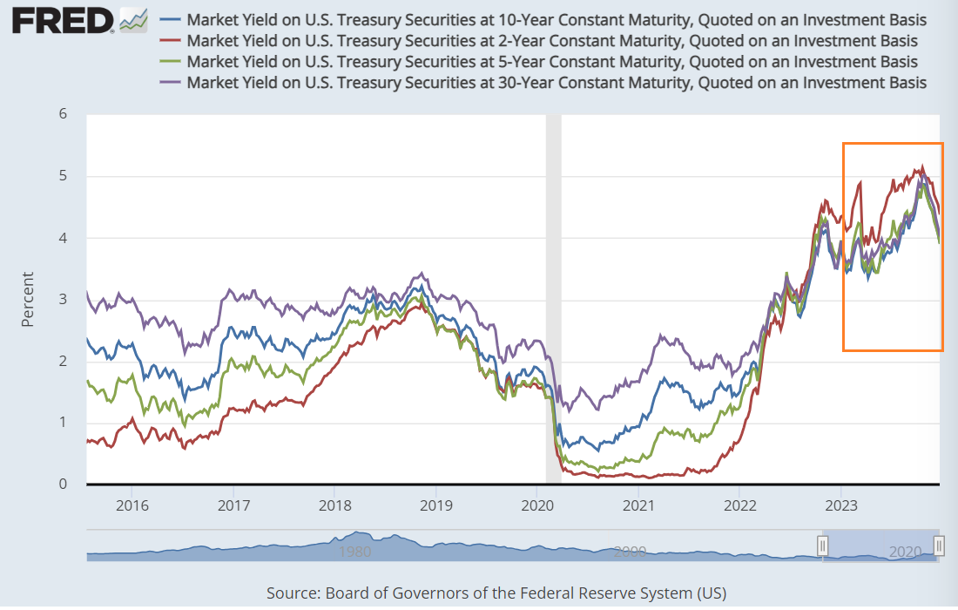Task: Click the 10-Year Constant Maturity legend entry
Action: pyautogui.click(x=556, y=19)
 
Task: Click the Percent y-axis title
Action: pyautogui.click(x=28, y=299)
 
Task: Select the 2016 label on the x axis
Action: pyautogui.click(x=131, y=505)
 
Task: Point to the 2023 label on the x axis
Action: pyautogui.click(x=841, y=505)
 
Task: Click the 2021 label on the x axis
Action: pyautogui.click(x=639, y=505)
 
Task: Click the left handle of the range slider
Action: pyautogui.click(x=822, y=546)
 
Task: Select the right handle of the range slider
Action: pyautogui.click(x=939, y=546)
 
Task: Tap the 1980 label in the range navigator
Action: pyautogui.click(x=355, y=551)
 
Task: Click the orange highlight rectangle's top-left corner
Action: pyautogui.click(x=843, y=143)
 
